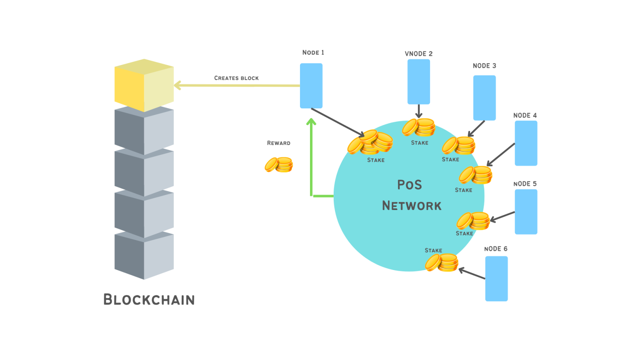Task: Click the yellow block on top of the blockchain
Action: (x=144, y=86)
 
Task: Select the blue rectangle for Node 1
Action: (x=311, y=86)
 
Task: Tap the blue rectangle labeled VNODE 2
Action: (x=418, y=82)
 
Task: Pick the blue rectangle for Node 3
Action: (x=484, y=98)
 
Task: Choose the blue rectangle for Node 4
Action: (x=526, y=143)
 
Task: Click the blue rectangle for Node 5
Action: (x=526, y=212)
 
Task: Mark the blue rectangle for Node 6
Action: (x=496, y=278)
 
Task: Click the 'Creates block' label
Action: (x=236, y=78)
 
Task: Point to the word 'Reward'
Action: (x=278, y=143)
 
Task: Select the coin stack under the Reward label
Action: (x=279, y=165)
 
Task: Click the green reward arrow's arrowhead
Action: (x=311, y=122)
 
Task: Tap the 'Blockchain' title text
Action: (x=149, y=300)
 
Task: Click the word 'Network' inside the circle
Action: (x=411, y=206)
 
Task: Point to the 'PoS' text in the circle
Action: (x=409, y=185)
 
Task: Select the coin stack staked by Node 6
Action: (x=442, y=263)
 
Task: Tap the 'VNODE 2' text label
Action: (x=418, y=54)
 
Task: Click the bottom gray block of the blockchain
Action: (x=144, y=256)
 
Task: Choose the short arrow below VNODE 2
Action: (x=419, y=112)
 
